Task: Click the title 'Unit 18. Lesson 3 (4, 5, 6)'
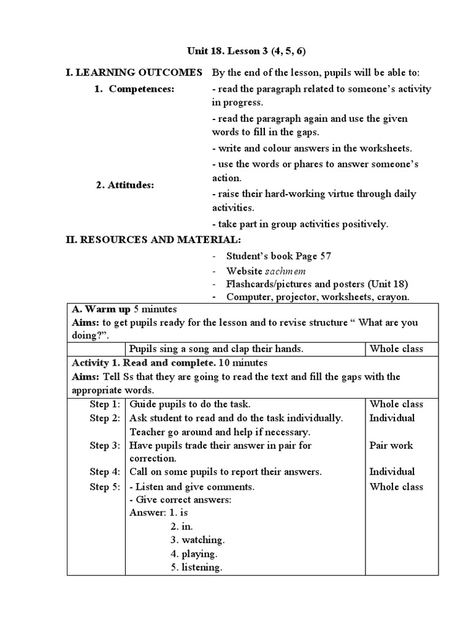(235, 51)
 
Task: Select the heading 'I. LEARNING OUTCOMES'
(134, 73)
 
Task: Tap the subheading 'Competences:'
(142, 89)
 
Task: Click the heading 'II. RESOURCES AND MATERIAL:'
(153, 239)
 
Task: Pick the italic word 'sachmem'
(285, 271)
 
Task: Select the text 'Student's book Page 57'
(278, 256)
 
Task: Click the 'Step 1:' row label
(105, 404)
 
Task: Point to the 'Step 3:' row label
(105, 446)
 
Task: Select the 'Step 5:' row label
(105, 487)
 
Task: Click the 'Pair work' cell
(391, 446)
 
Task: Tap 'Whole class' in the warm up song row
(396, 349)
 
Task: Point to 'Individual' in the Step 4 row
(392, 471)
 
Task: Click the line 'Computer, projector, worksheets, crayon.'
(318, 297)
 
